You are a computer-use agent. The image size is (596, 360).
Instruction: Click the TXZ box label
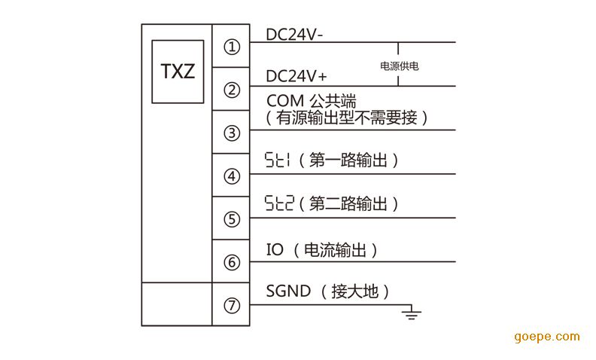178,72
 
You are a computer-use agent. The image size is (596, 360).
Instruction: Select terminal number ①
232,47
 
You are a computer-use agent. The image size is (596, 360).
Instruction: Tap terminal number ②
232,90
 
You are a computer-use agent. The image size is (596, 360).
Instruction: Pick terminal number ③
232,133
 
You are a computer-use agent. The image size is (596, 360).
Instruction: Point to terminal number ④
232,177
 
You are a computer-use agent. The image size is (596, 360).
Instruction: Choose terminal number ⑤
232,220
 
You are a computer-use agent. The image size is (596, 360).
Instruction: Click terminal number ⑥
232,263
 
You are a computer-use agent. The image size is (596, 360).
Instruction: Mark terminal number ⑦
232,306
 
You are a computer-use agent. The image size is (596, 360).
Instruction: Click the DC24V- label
295,34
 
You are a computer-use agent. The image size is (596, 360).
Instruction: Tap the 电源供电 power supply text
400,66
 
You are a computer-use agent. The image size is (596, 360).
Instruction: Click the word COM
285,100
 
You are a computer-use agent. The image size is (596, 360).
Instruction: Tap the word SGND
288,291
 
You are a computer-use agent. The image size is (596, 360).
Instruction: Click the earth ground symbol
411,312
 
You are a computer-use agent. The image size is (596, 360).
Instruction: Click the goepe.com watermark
546,337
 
